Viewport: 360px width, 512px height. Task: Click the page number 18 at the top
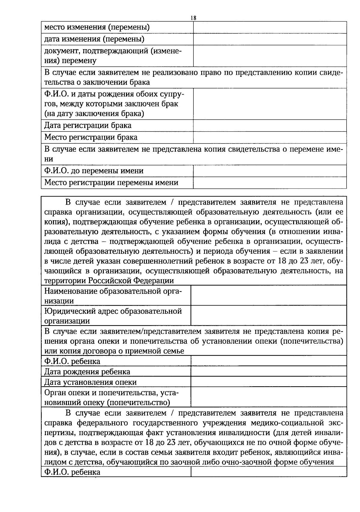click(193, 18)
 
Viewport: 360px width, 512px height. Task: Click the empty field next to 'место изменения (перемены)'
click(270, 27)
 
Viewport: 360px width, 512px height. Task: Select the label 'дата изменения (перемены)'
click(94, 39)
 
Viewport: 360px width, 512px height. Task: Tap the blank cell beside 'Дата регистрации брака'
click(270, 125)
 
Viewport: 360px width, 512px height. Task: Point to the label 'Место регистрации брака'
click(91, 137)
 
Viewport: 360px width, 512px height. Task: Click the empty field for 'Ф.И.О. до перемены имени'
click(270, 171)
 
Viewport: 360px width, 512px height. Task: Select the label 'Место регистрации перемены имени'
click(111, 182)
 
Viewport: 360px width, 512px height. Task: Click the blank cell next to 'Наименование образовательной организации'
click(268, 296)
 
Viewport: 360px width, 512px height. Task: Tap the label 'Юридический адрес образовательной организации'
click(113, 316)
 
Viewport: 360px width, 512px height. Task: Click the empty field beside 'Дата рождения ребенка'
click(268, 372)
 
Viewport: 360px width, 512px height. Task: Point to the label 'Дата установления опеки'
click(90, 382)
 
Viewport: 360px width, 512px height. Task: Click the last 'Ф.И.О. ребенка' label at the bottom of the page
click(72, 472)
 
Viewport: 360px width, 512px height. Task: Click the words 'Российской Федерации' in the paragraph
click(131, 281)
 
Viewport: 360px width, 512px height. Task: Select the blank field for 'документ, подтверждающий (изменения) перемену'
click(270, 56)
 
